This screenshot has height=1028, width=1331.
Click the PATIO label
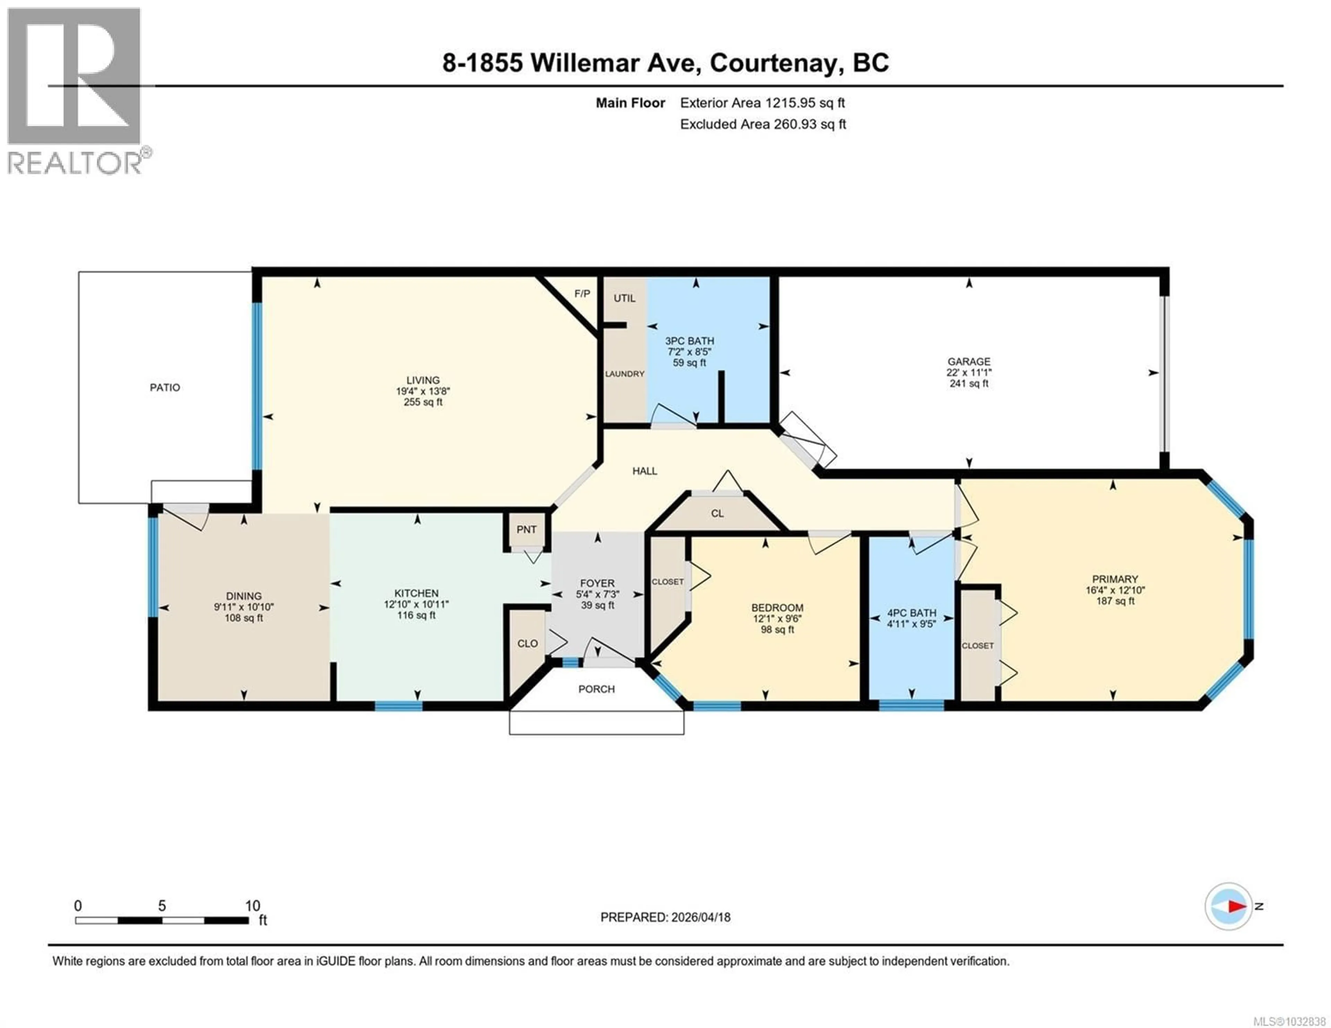165,388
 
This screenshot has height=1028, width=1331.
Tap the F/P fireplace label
582,294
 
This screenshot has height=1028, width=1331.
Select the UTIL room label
624,298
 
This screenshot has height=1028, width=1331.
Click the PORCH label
596,689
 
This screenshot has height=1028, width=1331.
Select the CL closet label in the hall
717,514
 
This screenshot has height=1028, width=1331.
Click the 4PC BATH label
911,613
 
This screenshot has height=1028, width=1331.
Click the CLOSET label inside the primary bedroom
977,645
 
